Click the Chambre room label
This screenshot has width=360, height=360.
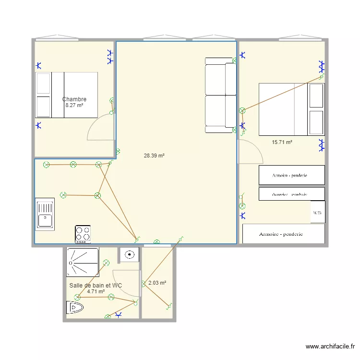point(74,99)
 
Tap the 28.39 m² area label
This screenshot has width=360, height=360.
point(154,156)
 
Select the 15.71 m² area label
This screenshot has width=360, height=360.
point(282,142)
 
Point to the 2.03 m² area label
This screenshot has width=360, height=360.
point(157,283)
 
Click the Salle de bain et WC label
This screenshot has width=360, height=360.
point(96,286)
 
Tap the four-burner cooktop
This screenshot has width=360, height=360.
point(83,234)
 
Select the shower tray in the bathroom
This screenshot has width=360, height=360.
point(83,262)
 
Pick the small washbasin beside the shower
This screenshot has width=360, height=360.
point(129,255)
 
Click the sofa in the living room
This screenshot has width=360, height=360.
point(220,95)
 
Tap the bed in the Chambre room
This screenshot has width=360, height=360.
point(67,95)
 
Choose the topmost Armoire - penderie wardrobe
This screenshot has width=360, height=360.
point(291,175)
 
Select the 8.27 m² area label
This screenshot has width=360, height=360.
point(74,105)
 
